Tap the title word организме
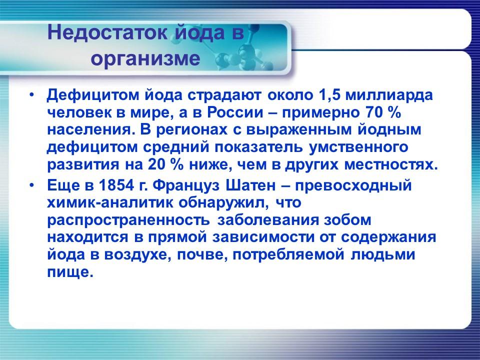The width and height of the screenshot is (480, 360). coord(145,59)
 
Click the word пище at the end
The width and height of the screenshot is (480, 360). coord(70,272)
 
